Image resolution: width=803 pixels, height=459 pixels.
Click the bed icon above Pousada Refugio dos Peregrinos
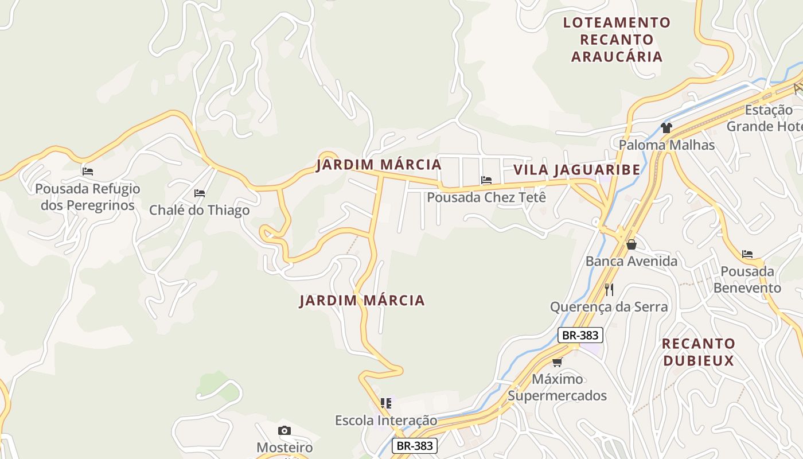coord(88,171)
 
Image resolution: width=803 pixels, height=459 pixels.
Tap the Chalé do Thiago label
coord(199,210)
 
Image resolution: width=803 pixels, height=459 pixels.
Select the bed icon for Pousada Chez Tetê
coord(486,180)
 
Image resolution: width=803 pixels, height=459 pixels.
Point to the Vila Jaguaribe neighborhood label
coord(576,170)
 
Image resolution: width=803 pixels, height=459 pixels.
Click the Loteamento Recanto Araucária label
coord(617,40)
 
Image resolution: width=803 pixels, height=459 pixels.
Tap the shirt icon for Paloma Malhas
coord(666,127)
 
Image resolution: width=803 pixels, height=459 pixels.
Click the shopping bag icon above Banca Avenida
coord(632,244)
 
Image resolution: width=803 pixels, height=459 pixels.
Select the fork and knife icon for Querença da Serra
coord(609,290)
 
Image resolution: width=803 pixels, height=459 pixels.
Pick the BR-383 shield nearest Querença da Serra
coord(580,335)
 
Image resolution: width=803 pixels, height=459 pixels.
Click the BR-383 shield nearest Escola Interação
coord(415,446)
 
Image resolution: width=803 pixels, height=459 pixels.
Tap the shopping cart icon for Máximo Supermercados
coord(557,362)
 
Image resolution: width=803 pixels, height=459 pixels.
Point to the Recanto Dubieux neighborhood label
coord(698,352)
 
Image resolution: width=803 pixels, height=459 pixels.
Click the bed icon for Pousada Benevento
coord(747,254)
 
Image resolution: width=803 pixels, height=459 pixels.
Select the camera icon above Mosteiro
coord(284,430)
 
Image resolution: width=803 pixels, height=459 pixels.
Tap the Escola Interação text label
coord(386,421)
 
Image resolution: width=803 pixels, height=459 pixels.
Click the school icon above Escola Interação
coord(386,403)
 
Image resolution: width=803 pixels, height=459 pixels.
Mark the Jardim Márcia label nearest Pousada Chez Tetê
coord(379,165)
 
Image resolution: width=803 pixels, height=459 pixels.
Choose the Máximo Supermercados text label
coord(557,387)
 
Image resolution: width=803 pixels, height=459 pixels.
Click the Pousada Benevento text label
coord(747,279)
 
